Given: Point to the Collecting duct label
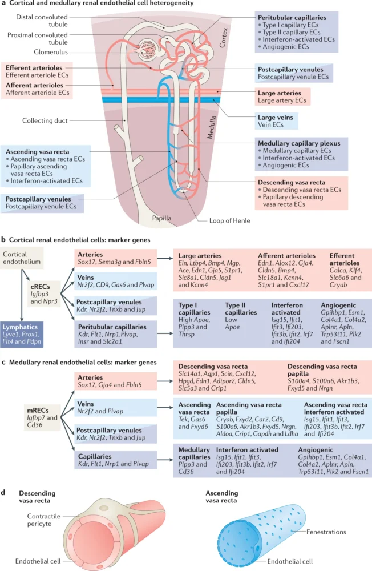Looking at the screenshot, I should [x=45, y=120].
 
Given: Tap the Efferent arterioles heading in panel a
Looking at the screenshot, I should [x=33, y=67].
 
